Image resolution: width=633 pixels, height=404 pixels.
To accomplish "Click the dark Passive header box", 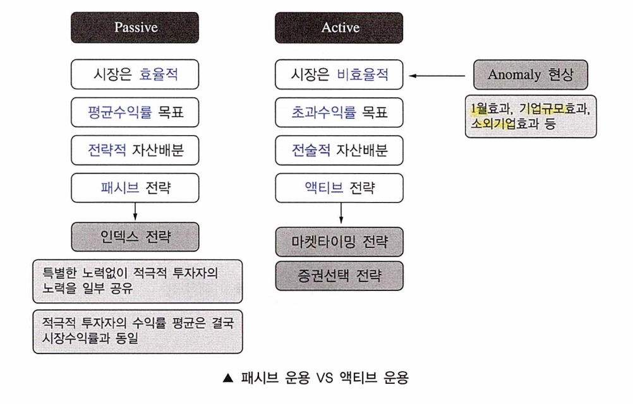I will tap(135, 28).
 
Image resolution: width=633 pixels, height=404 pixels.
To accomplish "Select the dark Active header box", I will tap(340, 28).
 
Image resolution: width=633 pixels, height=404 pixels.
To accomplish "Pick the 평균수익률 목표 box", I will tap(135, 113).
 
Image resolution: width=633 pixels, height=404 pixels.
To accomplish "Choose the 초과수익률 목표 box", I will tap(340, 113).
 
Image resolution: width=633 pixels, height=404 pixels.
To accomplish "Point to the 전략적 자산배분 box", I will tap(135, 150).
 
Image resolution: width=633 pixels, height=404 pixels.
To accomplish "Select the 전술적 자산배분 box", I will tap(340, 150).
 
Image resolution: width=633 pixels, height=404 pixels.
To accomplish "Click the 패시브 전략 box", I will tap(135, 187).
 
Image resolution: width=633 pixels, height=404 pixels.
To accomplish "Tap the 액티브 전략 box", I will tap(340, 187).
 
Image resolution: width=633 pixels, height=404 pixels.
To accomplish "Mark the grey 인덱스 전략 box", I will tap(135, 237).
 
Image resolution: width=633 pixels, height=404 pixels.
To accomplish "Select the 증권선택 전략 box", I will tap(340, 276).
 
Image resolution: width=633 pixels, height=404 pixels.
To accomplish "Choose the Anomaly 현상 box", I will tap(531, 75).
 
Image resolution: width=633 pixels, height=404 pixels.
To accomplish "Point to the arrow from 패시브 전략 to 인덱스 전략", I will tap(135, 211).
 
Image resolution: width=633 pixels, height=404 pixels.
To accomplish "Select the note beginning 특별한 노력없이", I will tap(137, 281).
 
